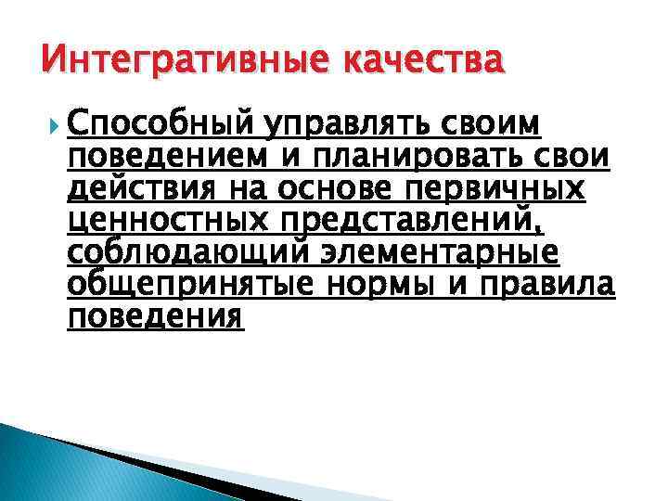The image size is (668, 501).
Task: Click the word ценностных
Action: tap(170, 222)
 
